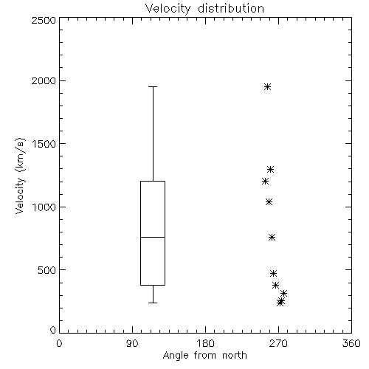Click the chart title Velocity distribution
click(204, 8)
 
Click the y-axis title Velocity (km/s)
click(20, 176)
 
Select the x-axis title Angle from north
click(204, 356)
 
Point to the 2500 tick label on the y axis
click(44, 20)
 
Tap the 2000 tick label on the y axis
click(44, 80)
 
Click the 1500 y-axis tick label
click(44, 144)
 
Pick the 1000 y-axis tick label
click(44, 207)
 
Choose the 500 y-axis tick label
click(47, 270)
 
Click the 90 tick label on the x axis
click(132, 343)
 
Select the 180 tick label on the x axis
click(205, 343)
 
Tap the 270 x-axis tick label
click(278, 343)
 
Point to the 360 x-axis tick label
click(351, 343)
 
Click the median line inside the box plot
click(153, 237)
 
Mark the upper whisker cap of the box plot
click(153, 86)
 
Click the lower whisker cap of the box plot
click(153, 303)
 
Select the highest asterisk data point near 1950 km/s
click(268, 87)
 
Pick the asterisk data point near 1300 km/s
click(271, 170)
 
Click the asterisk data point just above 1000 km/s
click(269, 202)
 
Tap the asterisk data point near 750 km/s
click(272, 238)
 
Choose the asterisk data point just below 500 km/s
click(273, 274)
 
